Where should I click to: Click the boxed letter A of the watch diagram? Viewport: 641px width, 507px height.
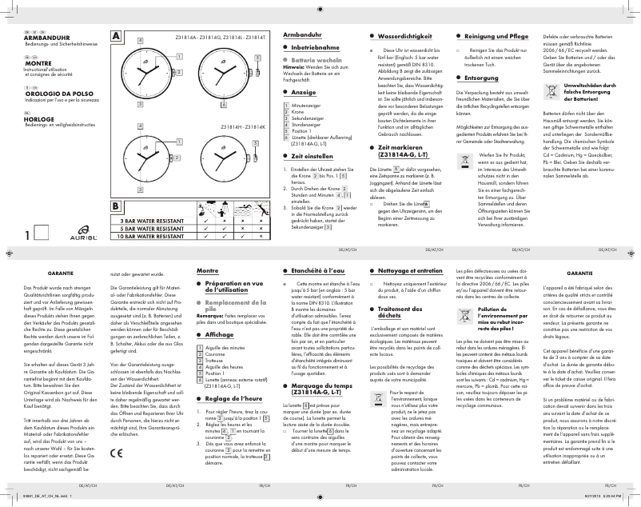click(x=116, y=37)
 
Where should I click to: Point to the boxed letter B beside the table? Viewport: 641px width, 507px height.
click(x=116, y=206)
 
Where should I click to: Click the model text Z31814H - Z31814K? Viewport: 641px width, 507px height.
click(x=242, y=128)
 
